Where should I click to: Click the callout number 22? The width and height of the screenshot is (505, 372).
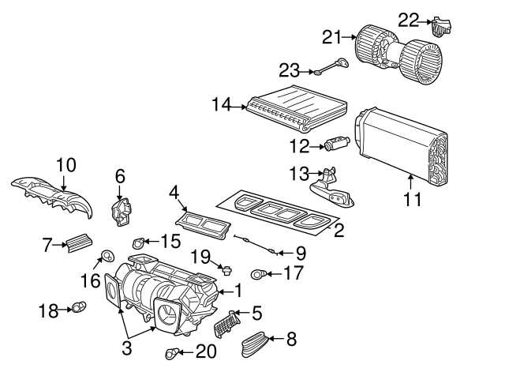pyautogui.click(x=408, y=17)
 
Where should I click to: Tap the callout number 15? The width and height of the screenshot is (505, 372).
pyautogui.click(x=171, y=239)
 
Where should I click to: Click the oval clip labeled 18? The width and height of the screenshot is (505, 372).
pyautogui.click(x=79, y=307)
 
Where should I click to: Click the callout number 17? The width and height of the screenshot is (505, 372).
pyautogui.click(x=292, y=274)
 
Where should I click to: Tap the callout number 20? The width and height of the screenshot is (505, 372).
pyautogui.click(x=205, y=351)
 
